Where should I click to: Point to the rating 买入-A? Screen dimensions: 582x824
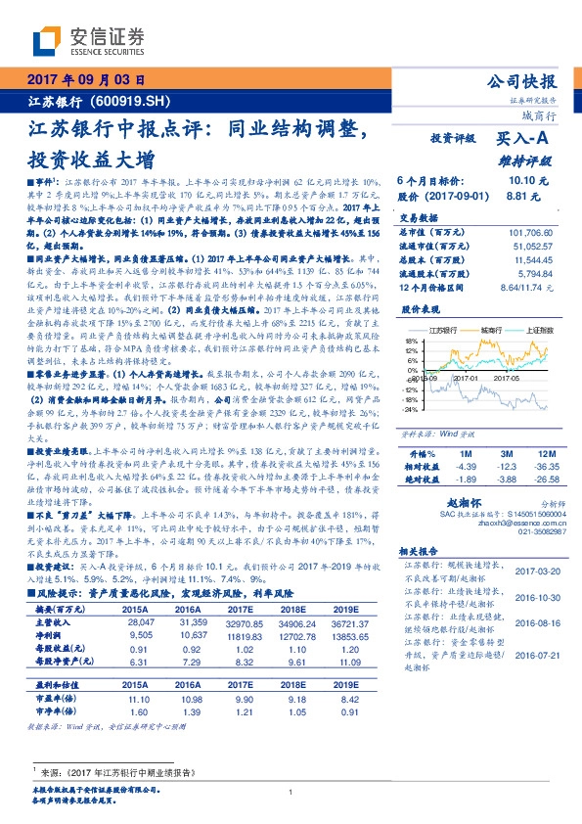coord(526,140)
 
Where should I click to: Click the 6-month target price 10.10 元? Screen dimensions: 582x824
coord(528,181)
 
